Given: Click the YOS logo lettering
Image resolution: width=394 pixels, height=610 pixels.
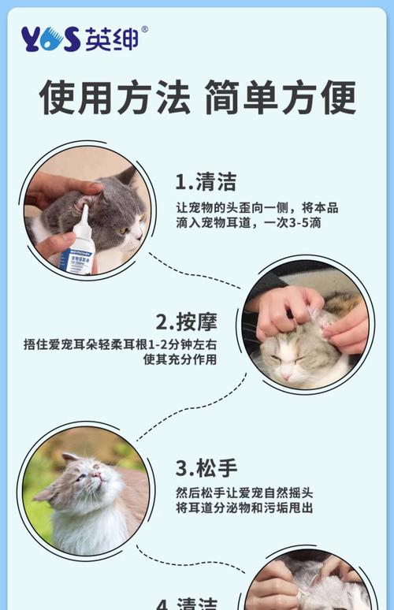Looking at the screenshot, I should coord(51,39).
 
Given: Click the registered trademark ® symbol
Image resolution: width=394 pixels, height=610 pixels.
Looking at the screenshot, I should coord(143,30).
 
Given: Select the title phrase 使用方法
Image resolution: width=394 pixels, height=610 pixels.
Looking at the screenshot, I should coord(115,98).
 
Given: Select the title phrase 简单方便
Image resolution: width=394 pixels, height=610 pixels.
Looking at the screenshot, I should coord(280,98).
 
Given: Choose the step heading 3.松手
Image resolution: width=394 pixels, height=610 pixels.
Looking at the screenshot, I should coord(206,467).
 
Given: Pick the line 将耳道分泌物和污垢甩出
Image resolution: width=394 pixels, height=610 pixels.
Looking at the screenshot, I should coord(244,508).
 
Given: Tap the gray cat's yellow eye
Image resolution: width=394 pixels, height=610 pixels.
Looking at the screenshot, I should coord(125,230).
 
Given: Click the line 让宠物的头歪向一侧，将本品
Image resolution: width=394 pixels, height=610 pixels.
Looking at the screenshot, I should coord(257,208).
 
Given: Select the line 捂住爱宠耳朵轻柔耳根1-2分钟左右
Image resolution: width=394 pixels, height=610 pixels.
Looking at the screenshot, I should coord(121,344).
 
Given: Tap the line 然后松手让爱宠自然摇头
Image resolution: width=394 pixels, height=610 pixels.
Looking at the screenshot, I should coord(244,493).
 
